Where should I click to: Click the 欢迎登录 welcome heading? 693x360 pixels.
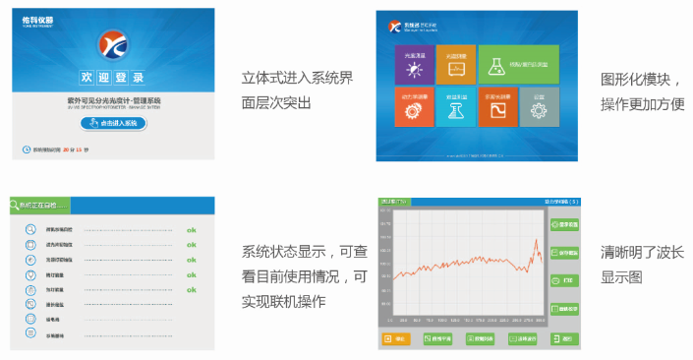pyautogui.click(x=111, y=77)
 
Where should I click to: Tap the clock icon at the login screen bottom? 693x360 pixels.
pyautogui.click(x=27, y=150)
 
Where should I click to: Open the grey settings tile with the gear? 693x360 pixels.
pyautogui.click(x=538, y=109)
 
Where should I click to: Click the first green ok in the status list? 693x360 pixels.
pyautogui.click(x=192, y=230)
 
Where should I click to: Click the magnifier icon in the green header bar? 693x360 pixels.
pyautogui.click(x=17, y=207)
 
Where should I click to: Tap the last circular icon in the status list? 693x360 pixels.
pyautogui.click(x=30, y=334)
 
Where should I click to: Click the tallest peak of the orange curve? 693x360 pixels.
pyautogui.click(x=536, y=241)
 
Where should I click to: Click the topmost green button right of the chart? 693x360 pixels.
pyautogui.click(x=562, y=225)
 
